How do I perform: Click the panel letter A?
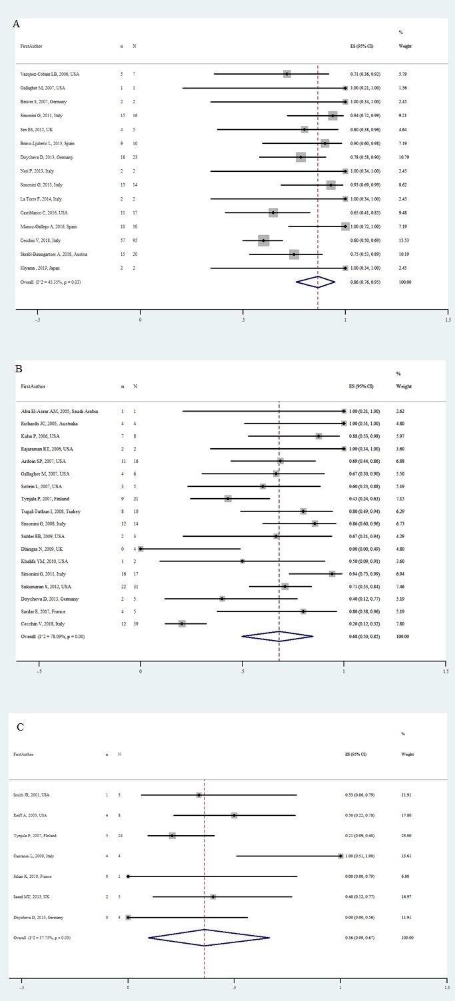click(x=16, y=25)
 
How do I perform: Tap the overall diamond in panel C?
click(x=209, y=938)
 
